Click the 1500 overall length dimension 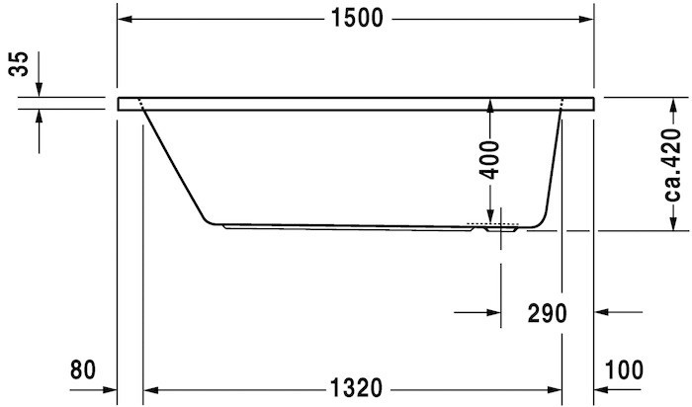(x=357, y=19)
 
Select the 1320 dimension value (x=357, y=386)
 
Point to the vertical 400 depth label (x=491, y=158)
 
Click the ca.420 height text (x=673, y=164)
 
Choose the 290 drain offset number (x=546, y=314)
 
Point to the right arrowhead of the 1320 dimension (x=557, y=386)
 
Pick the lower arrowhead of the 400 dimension (x=491, y=219)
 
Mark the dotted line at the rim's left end (x=141, y=103)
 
